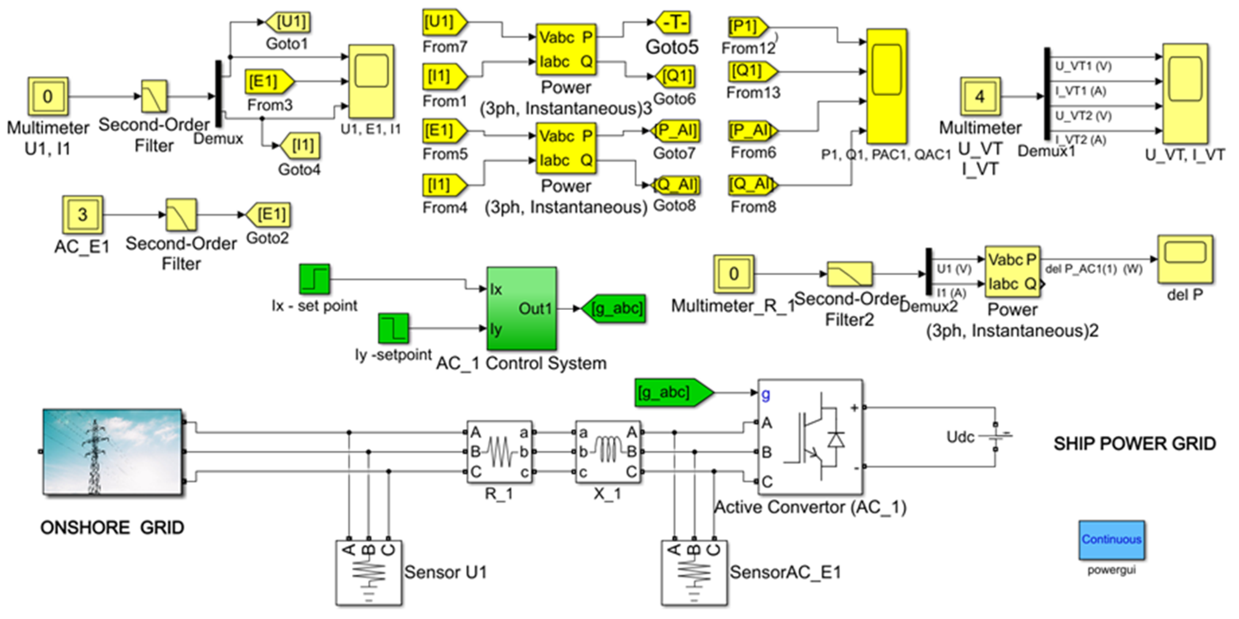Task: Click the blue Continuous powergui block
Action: click(1111, 540)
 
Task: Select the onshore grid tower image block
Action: click(113, 452)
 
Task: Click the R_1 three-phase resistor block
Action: click(499, 452)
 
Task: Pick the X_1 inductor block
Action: click(608, 452)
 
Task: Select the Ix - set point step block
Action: click(315, 278)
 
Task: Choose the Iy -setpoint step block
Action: click(394, 329)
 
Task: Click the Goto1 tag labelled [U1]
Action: click(289, 22)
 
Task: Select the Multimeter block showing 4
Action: click(980, 96)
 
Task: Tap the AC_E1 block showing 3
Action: click(82, 214)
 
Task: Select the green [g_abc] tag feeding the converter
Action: click(673, 392)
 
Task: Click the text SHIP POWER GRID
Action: click(1135, 444)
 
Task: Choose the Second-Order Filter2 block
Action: click(849, 274)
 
